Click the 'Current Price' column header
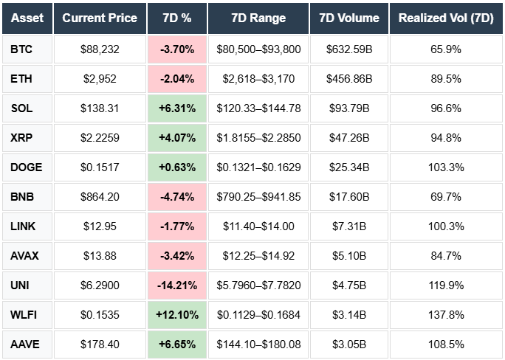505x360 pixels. [100, 18]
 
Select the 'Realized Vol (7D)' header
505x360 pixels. [445, 18]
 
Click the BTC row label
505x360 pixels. [21, 49]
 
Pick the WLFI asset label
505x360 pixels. [24, 314]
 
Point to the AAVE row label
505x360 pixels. [25, 344]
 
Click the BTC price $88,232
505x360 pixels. [100, 49]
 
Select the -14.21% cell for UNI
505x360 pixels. [176, 285]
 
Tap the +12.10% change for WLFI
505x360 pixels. [176, 314]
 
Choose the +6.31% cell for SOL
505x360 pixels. [176, 108]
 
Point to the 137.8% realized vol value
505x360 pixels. [445, 314]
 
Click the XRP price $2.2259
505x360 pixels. [100, 138]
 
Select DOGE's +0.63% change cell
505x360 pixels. [176, 167]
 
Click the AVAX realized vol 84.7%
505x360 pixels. [445, 255]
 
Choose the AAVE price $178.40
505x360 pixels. [100, 344]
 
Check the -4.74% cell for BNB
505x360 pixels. [176, 197]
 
